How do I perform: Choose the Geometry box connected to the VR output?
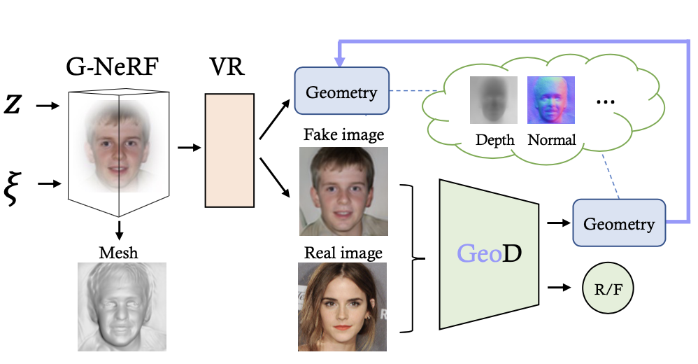[341, 92]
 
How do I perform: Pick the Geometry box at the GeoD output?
[619, 223]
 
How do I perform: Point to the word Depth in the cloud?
[494, 140]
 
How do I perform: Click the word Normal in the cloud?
[552, 140]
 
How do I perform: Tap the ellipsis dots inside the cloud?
[606, 102]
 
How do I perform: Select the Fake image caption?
[343, 134]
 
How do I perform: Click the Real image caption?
[343, 253]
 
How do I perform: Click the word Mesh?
[120, 253]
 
